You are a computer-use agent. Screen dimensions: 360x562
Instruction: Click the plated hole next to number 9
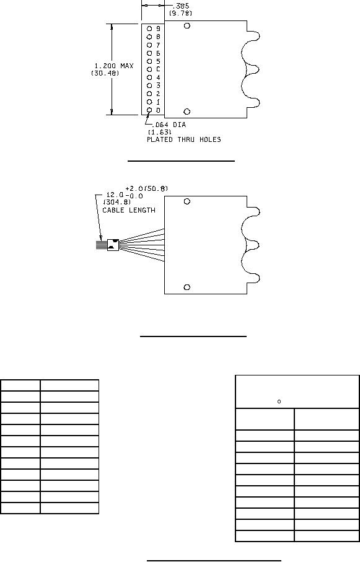click(x=149, y=29)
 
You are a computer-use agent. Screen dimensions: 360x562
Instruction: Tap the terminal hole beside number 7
click(x=149, y=45)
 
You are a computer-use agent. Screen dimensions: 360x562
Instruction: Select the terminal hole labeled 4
click(x=149, y=77)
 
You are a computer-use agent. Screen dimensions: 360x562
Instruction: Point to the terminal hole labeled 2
click(x=149, y=94)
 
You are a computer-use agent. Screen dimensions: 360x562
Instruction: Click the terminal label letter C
click(x=158, y=69)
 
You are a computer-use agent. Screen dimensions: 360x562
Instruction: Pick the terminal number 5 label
click(x=158, y=61)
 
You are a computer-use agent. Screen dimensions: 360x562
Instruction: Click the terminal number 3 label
click(x=158, y=86)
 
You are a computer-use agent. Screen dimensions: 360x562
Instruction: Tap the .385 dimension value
click(x=181, y=6)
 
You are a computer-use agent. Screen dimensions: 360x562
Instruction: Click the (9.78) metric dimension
click(x=180, y=13)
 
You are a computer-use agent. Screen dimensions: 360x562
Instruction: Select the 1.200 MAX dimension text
click(x=113, y=66)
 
